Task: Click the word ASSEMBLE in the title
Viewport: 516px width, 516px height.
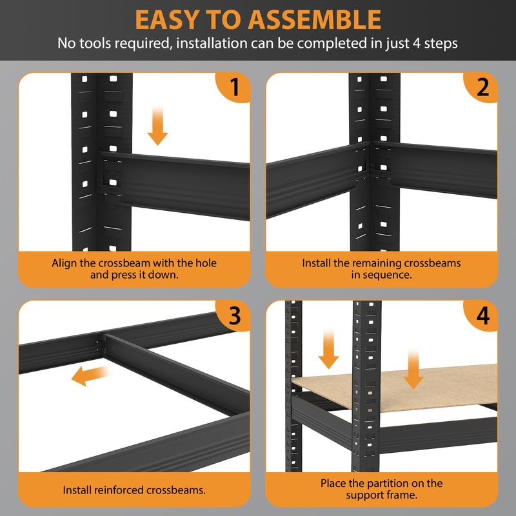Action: coord(315,20)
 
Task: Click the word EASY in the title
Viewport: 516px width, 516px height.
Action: coord(168,20)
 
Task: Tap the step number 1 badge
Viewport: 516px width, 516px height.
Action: coord(233,87)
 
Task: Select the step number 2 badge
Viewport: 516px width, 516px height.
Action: coord(481,87)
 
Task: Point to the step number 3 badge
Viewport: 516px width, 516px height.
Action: coord(233,315)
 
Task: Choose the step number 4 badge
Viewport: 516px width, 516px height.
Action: coord(481,315)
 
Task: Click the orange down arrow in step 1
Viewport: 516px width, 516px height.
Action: coord(157,124)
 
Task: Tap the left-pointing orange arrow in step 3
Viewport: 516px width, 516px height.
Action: coord(90,375)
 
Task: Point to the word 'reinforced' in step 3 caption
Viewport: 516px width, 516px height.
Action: coord(119,490)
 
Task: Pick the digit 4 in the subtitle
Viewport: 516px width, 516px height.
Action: coord(416,43)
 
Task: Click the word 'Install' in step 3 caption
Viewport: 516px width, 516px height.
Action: coord(77,490)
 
